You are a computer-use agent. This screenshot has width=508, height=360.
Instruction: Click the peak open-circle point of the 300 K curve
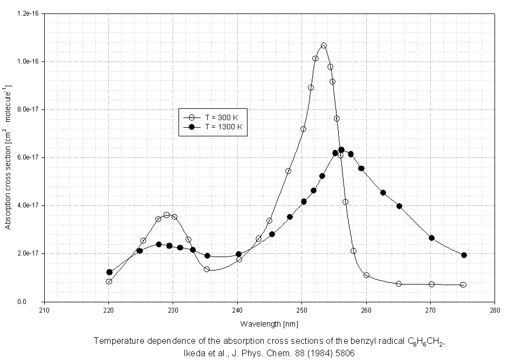[324, 46]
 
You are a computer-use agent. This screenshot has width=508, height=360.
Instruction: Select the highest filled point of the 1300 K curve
[341, 150]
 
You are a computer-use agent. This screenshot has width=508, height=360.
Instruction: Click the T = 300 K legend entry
[213, 117]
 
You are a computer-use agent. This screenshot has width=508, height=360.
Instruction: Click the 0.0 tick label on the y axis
[36, 302]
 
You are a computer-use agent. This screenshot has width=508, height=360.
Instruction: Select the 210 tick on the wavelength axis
[45, 310]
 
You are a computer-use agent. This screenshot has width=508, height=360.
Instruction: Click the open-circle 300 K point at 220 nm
[109, 281]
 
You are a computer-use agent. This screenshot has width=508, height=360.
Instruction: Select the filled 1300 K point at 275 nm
[464, 255]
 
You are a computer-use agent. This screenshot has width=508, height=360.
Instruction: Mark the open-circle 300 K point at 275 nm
[463, 285]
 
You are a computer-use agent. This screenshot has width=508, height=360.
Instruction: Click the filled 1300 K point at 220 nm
[109, 272]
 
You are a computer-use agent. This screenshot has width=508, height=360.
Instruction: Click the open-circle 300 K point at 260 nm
[367, 275]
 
